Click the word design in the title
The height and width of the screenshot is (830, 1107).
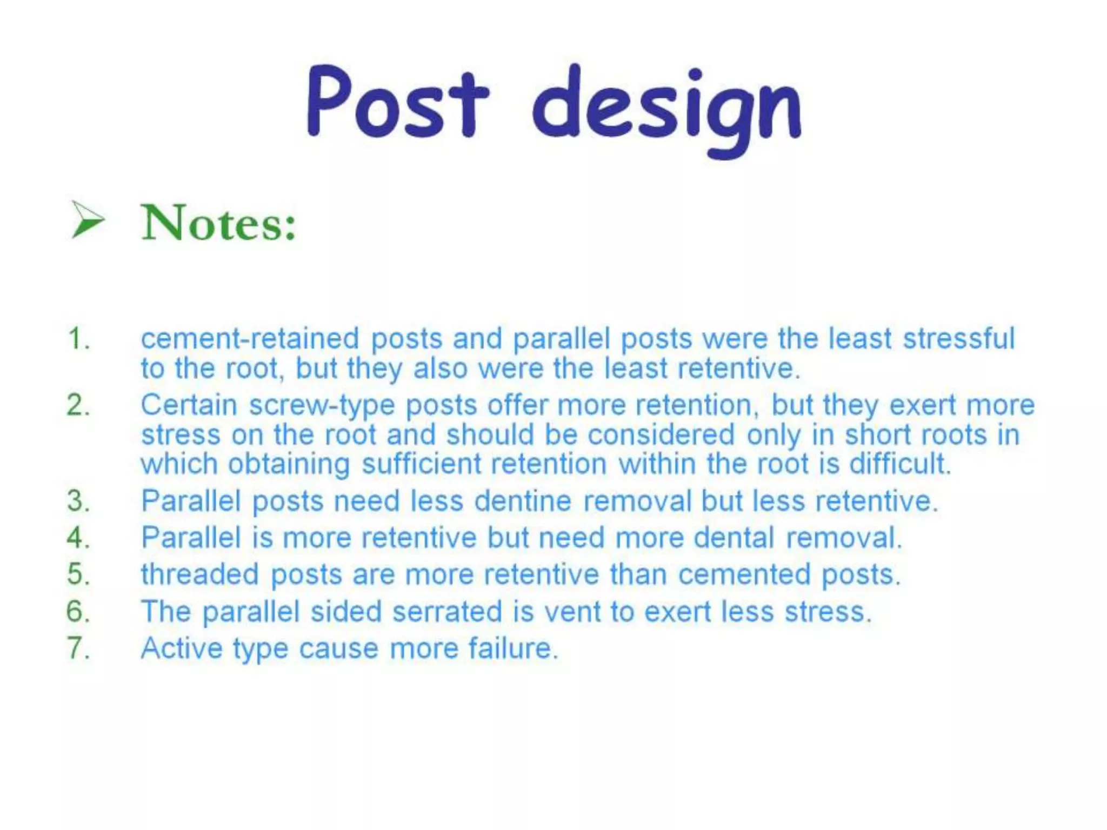[x=667, y=108]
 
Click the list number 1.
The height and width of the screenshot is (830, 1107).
[x=78, y=339]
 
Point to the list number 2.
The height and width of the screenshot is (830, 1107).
[x=78, y=405]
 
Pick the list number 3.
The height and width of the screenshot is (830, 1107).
[x=78, y=501]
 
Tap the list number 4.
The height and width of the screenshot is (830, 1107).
[x=78, y=538]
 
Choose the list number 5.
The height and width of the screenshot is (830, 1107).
[x=78, y=574]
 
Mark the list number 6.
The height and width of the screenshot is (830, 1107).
[x=78, y=612]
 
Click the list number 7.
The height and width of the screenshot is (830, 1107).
[x=78, y=648]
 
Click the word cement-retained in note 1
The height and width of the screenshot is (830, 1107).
[x=250, y=339]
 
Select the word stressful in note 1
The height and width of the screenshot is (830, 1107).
[x=959, y=339]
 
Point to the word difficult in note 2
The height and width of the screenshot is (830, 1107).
[x=899, y=464]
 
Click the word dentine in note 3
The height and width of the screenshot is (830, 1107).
[x=523, y=501]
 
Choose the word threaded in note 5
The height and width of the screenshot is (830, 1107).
[x=199, y=574]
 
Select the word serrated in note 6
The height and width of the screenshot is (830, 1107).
[x=447, y=612]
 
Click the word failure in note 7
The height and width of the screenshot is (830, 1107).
[x=512, y=648]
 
